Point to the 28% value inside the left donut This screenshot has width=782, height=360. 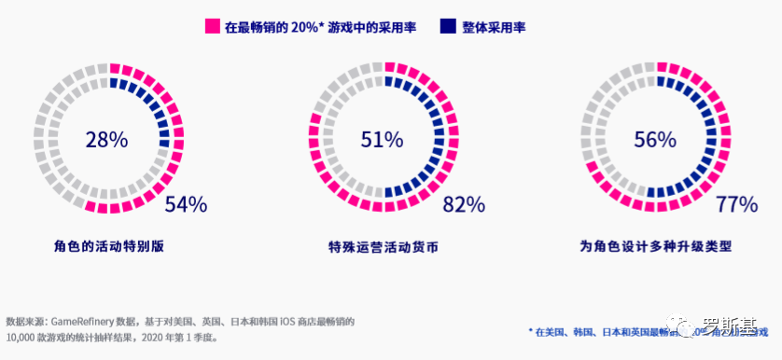[105, 141]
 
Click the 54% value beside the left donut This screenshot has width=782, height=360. [185, 205]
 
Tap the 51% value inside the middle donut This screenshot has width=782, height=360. [382, 141]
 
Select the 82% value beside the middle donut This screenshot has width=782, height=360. [464, 205]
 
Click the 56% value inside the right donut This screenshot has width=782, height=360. [655, 141]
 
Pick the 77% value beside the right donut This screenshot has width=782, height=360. [736, 205]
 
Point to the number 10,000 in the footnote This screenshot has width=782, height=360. [21, 337]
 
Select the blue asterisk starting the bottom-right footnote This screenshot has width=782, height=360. [530, 331]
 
